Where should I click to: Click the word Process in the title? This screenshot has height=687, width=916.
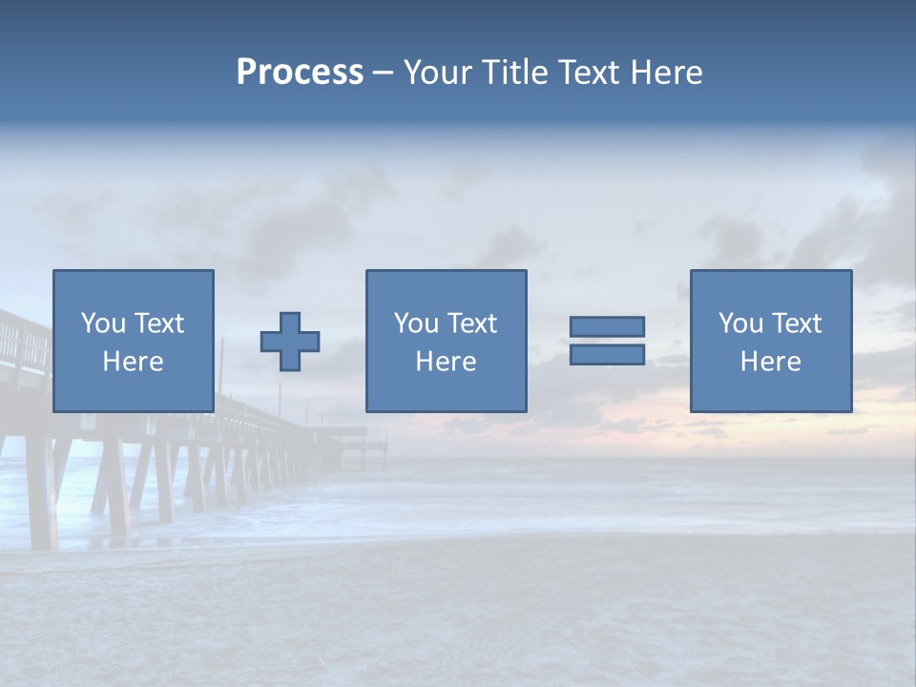click(x=300, y=73)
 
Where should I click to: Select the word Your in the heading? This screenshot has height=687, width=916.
click(x=439, y=73)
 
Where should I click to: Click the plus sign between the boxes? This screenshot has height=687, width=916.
click(x=290, y=341)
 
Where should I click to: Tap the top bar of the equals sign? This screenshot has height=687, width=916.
click(x=607, y=326)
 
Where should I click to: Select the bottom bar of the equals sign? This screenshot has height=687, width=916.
click(x=607, y=354)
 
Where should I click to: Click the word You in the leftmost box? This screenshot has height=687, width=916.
click(x=103, y=323)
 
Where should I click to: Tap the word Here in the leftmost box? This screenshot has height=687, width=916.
click(x=133, y=362)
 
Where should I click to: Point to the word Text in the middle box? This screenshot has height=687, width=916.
click(x=472, y=323)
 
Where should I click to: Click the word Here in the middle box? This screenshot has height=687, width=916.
click(x=446, y=362)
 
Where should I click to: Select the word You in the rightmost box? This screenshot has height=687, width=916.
click(x=740, y=323)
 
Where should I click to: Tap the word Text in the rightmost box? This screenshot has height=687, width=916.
click(x=797, y=323)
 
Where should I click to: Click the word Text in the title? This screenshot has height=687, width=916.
click(x=589, y=73)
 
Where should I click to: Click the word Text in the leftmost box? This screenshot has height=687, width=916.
click(x=159, y=323)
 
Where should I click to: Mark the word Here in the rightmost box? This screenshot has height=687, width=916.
click(x=770, y=362)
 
